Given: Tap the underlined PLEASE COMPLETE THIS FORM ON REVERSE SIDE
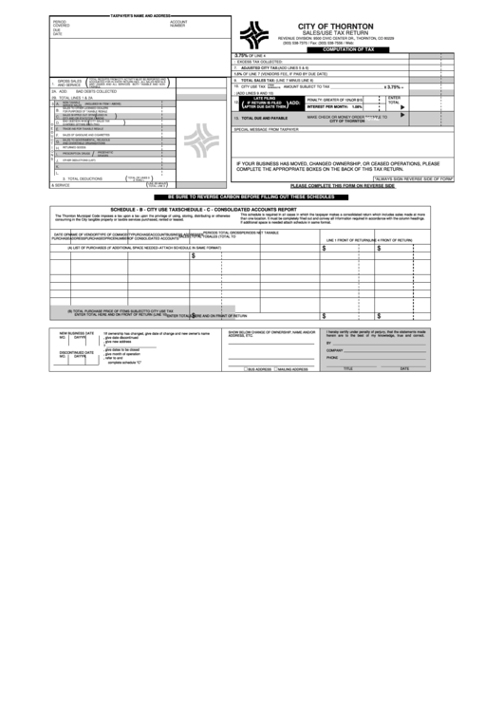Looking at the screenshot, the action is (x=342, y=185).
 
